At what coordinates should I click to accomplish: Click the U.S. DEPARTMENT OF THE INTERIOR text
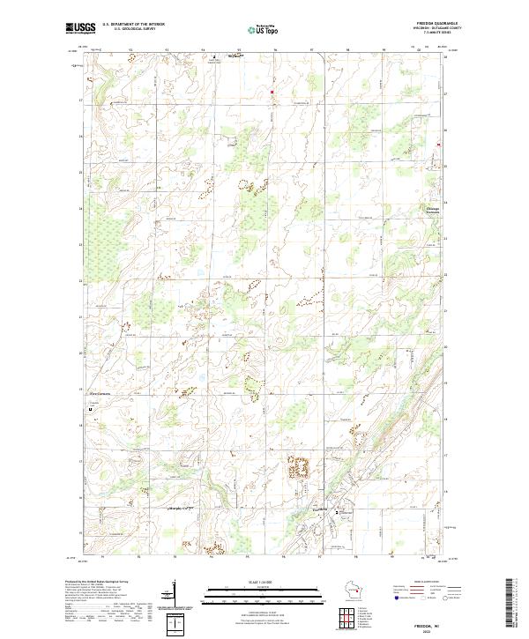(133, 25)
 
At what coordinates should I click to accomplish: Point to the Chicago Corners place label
(427, 211)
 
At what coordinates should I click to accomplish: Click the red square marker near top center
(272, 91)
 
